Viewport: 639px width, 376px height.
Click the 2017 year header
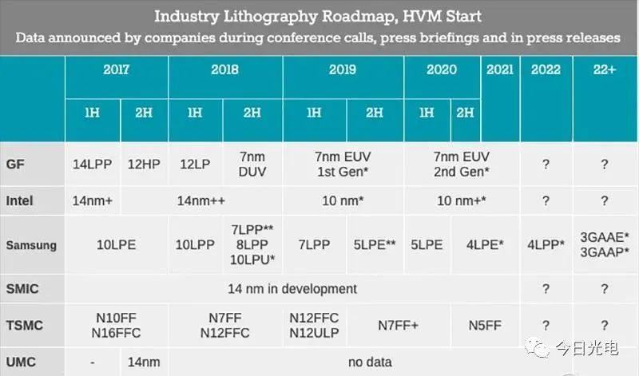116,69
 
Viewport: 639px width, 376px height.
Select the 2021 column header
500,69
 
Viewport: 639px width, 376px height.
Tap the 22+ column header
605,69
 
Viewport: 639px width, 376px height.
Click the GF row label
15,164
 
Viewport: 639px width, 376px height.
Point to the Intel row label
19,200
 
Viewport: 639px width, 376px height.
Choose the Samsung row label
31,245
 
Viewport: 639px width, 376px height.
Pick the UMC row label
21,362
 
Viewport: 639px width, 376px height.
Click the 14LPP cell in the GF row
92,164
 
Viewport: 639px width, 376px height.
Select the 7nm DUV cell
252,164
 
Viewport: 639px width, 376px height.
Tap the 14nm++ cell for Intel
201,200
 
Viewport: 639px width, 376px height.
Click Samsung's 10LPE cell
116,245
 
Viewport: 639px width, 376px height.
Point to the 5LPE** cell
375,245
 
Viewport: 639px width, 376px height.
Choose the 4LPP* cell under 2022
546,245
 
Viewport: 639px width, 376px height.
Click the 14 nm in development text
292,289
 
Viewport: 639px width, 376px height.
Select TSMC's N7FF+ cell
398,326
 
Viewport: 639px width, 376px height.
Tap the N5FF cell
485,326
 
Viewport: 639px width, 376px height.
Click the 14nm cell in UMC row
144,362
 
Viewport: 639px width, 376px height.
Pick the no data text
370,362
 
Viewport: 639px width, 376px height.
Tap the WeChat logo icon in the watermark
537,347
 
